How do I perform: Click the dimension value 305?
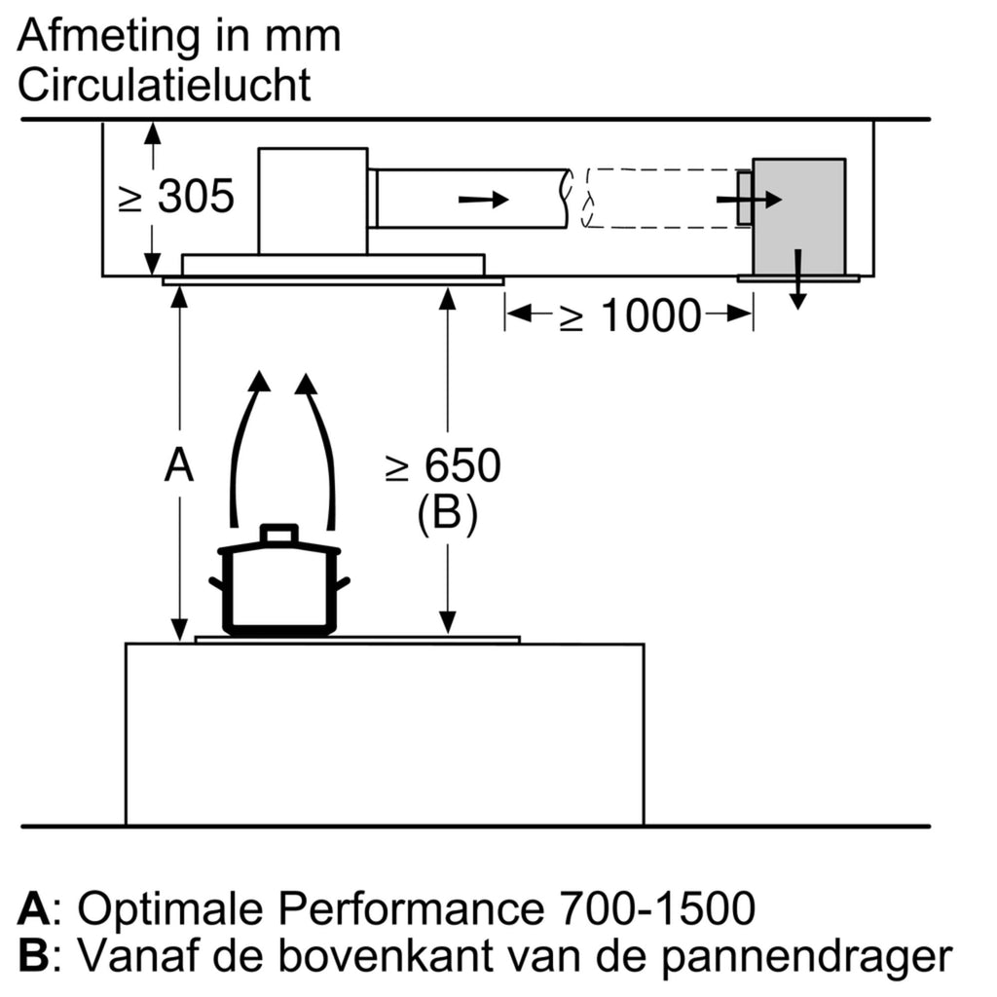[x=196, y=198]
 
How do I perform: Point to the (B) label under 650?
[x=448, y=513]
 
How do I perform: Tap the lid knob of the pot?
[x=279, y=534]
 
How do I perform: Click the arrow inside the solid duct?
[x=484, y=200]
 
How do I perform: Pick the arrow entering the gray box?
[x=748, y=200]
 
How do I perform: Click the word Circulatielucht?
[x=165, y=86]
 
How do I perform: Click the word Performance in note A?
[x=410, y=909]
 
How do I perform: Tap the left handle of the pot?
[x=217, y=585]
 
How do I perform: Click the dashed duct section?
[x=662, y=199]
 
